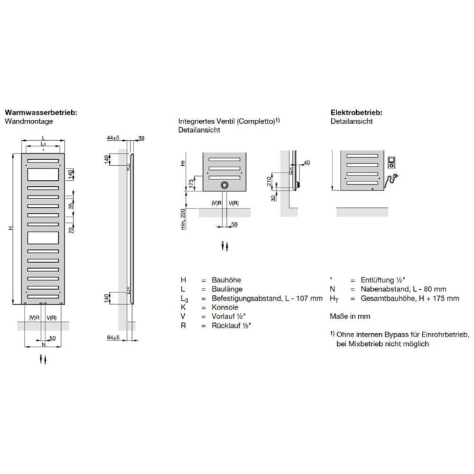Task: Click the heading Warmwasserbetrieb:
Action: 41,113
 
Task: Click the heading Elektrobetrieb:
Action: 356,113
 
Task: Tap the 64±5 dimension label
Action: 113,337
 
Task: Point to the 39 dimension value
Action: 142,138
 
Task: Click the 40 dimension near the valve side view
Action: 307,163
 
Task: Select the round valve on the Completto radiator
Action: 224,185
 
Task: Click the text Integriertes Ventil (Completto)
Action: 226,121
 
